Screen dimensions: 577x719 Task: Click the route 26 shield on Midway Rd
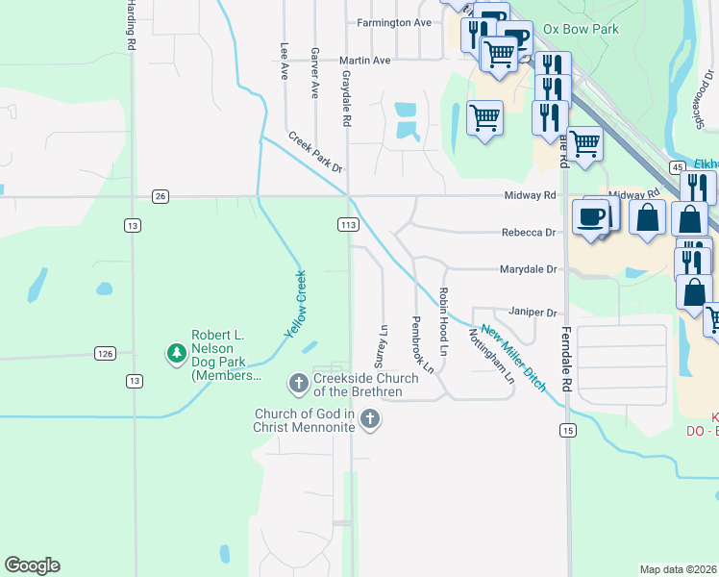[160, 196]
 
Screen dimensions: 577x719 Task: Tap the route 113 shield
[348, 224]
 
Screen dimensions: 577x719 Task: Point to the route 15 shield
[569, 429]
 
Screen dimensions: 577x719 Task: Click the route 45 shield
[678, 167]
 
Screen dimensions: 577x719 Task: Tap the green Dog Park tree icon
[176, 354]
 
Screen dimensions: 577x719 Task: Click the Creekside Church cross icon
[298, 384]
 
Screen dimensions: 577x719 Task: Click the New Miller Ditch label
[514, 359]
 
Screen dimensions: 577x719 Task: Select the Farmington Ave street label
[394, 22]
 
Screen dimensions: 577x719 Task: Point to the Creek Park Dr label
[314, 153]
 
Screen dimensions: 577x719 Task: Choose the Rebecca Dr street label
[529, 233]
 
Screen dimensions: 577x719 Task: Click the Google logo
[33, 565]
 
